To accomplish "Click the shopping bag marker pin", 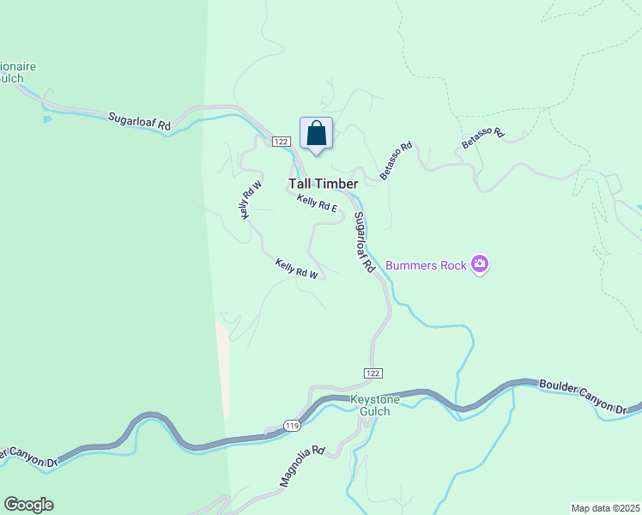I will click(x=316, y=135).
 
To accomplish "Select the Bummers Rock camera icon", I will click(x=480, y=265).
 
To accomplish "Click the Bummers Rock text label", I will click(x=426, y=265).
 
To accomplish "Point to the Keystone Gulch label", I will click(x=370, y=406).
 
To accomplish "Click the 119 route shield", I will click(x=293, y=425).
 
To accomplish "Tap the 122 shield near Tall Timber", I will click(x=281, y=141).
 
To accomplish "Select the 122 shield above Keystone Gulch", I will click(x=372, y=373).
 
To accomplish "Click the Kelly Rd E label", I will click(x=318, y=203).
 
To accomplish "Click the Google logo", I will click(x=28, y=505).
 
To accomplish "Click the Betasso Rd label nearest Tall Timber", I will click(x=397, y=160).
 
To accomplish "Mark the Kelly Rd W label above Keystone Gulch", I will click(x=297, y=269).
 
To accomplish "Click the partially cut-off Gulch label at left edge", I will click(x=11, y=78).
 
